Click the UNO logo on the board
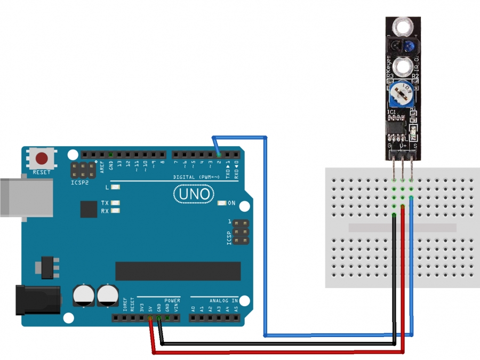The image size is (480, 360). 194,195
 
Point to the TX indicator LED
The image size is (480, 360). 114,203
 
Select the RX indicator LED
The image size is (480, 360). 114,211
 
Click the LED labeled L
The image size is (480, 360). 114,187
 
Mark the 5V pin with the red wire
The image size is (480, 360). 150,318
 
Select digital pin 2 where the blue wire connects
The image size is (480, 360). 219,155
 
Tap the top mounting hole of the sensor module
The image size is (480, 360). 403,25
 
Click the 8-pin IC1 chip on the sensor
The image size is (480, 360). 396,127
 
